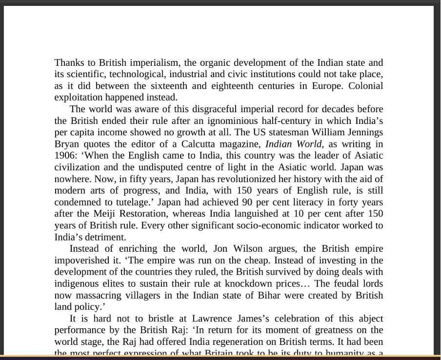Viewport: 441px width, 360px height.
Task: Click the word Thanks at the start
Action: (x=68, y=62)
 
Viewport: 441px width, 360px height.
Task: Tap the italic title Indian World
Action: (x=294, y=144)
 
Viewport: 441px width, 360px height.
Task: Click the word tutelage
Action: (x=133, y=202)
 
